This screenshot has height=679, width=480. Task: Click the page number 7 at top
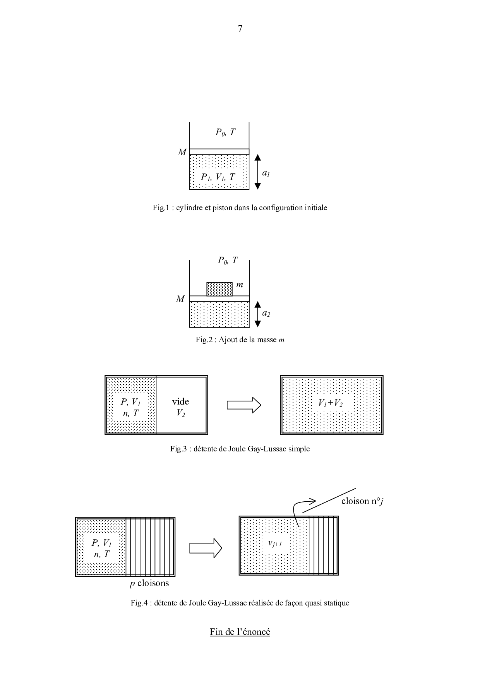point(240,29)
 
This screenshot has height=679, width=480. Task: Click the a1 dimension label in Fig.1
point(266,173)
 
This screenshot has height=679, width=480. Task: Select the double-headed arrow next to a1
point(258,171)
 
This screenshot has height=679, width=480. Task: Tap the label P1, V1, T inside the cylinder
point(218,177)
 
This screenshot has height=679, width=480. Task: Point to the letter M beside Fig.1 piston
point(182,153)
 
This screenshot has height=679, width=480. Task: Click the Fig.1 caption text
point(240,208)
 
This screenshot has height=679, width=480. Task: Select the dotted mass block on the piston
point(220,289)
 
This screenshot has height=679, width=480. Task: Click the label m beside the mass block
point(240,285)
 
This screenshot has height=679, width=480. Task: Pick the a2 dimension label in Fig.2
point(266,314)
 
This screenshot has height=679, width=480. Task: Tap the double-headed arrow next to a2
point(258,314)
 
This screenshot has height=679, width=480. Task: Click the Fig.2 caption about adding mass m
point(240,340)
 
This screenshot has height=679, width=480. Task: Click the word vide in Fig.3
point(180,401)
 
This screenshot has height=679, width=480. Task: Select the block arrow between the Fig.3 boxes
point(244,405)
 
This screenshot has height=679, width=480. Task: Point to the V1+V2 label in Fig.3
point(330,403)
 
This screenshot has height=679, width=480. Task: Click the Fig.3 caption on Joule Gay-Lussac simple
point(240,449)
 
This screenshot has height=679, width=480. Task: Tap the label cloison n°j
point(362,501)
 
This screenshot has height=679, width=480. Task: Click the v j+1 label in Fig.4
point(275,544)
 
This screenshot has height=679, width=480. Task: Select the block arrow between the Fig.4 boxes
point(206,548)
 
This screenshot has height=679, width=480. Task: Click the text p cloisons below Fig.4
point(149,583)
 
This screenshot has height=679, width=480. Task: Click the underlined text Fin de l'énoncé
point(240,632)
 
